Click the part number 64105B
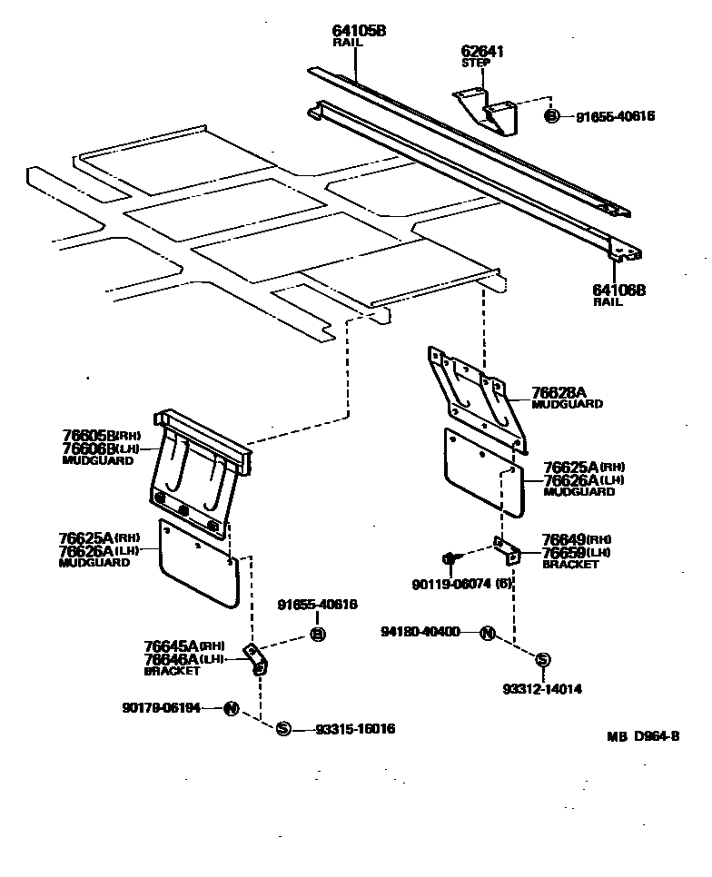click(x=359, y=31)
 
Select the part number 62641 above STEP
click(x=482, y=52)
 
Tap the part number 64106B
click(x=618, y=290)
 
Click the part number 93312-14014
click(x=541, y=689)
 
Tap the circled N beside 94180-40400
click(x=487, y=634)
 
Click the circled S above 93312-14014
click(x=542, y=660)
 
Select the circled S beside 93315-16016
click(x=283, y=729)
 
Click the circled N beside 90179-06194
click(x=231, y=708)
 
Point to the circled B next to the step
click(x=551, y=115)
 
